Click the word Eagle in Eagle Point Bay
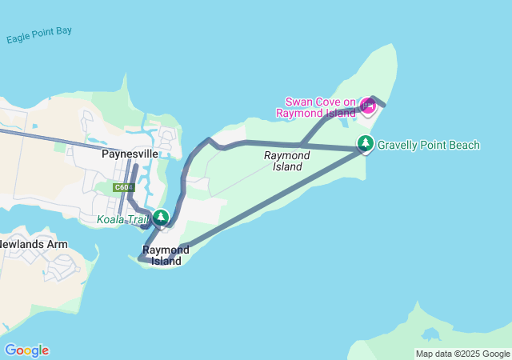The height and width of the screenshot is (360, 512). click(20, 38)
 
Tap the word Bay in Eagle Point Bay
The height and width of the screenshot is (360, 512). click(63, 30)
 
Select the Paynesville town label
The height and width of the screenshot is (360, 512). click(129, 154)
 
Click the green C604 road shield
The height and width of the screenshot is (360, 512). click(122, 187)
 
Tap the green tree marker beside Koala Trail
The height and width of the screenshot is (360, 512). click(161, 217)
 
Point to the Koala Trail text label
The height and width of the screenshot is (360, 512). click(122, 219)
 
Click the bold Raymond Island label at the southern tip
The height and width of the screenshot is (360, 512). click(166, 255)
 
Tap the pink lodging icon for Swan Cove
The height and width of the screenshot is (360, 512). click(368, 106)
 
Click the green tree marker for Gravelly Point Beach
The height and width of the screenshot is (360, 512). click(366, 144)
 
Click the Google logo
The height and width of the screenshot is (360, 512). click(26, 350)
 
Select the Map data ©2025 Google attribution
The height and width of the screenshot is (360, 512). click(462, 354)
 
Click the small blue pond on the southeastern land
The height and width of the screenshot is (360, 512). click(432, 334)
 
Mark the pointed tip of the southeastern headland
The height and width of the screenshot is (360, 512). click(417, 305)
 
